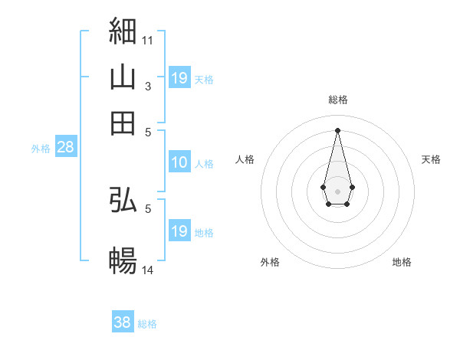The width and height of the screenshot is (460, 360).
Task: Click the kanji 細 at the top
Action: [123, 31]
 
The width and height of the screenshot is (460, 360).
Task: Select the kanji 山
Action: [123, 77]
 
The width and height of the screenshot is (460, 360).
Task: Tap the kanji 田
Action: [123, 123]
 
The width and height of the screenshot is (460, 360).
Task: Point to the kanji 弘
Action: [123, 199]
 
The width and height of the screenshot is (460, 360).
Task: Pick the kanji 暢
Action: [123, 260]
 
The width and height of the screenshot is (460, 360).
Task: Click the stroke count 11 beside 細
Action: [147, 41]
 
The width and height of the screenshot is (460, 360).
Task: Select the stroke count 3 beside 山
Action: [148, 87]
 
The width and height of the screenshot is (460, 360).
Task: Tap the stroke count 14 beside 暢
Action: [147, 270]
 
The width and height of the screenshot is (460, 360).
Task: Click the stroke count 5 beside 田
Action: [148, 133]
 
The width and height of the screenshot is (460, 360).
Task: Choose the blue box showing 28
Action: [66, 146]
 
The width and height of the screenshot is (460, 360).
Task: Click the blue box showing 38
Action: [123, 321]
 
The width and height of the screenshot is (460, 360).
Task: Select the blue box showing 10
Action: [180, 162]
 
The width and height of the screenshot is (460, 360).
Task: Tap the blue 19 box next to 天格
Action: [180, 77]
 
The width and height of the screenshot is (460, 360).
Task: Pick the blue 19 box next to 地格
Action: [180, 230]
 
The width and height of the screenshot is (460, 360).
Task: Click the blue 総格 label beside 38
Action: [147, 324]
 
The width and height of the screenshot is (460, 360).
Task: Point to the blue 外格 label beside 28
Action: [41, 149]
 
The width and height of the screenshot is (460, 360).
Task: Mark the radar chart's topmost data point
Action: [337, 130]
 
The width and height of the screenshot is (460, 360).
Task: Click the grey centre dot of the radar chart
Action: [337, 191]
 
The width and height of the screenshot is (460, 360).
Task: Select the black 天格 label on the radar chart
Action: [431, 159]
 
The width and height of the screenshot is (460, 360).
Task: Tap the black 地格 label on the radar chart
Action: [402, 262]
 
